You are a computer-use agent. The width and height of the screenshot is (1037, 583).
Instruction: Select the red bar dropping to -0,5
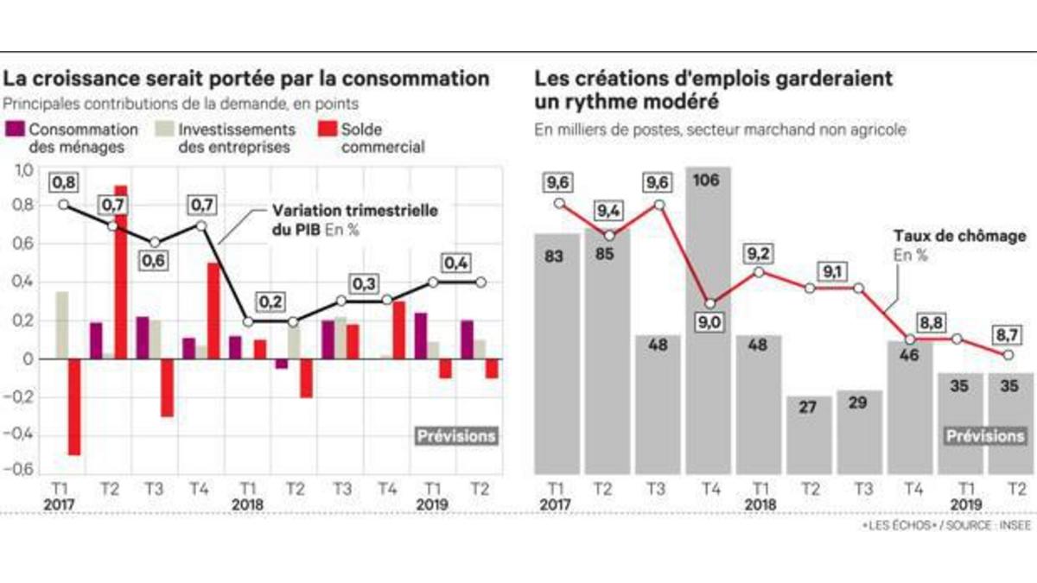click(74, 407)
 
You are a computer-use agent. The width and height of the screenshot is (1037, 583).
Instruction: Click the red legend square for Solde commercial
click(328, 130)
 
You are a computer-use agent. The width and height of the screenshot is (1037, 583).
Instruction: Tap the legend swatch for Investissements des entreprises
click(164, 130)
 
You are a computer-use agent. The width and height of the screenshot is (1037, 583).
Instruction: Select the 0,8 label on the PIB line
click(64, 181)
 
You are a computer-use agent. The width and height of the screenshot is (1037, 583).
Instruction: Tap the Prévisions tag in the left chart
click(456, 436)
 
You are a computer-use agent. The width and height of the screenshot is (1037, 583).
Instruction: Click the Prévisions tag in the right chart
click(985, 436)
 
